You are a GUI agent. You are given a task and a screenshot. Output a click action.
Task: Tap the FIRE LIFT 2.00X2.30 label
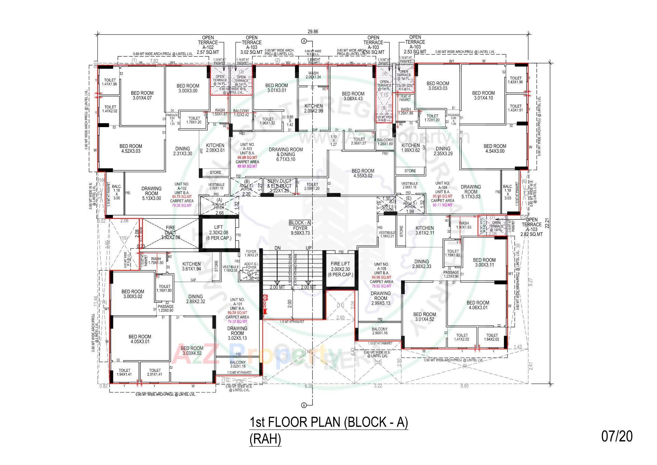340,269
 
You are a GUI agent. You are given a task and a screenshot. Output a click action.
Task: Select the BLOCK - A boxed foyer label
300,223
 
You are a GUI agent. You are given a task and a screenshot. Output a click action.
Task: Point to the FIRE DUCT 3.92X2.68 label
170,232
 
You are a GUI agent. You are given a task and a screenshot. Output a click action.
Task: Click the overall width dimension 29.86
313,32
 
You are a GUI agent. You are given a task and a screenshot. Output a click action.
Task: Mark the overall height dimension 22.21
546,223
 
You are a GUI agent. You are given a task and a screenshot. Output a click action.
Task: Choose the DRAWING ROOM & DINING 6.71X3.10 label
286,154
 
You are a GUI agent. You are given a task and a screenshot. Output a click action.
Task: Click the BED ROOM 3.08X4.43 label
353,96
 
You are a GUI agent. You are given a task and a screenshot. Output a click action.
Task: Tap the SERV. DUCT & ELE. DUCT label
279,186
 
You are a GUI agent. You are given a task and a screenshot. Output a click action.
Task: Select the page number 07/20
617,436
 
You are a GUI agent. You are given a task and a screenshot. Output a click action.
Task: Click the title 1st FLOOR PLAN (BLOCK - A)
329,422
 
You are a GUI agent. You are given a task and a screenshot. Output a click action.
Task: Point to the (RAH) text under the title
265,439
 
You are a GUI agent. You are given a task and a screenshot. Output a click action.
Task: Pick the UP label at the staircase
309,248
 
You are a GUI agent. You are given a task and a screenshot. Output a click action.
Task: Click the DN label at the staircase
278,248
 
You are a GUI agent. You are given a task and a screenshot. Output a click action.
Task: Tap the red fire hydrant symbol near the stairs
264,304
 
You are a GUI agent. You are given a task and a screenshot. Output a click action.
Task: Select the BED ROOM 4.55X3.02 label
363,173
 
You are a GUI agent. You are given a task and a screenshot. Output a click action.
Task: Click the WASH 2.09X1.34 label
313,75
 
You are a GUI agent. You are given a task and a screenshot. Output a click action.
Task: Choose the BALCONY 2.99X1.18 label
379,331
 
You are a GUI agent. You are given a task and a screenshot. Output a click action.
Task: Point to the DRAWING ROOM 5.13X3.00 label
151,193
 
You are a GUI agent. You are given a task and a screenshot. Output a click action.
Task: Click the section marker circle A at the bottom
304,405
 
